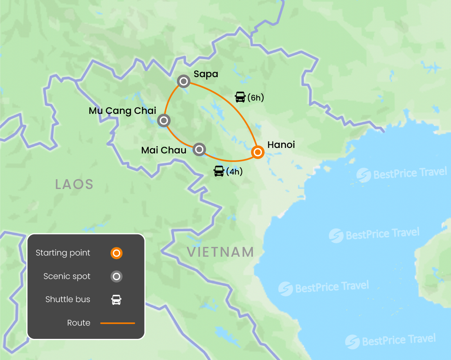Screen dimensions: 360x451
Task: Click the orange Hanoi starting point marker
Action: point(257,152)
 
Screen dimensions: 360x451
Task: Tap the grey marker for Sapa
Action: point(184,81)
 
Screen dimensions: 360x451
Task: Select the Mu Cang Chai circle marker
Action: point(164,121)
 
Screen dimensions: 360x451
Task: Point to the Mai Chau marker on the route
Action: point(199,149)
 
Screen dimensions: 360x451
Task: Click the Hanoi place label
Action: point(281,145)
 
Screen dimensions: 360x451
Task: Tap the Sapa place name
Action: point(206,74)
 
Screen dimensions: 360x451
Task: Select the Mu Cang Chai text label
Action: point(123,111)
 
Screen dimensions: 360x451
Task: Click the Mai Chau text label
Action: point(164,150)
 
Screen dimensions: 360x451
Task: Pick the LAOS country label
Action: point(74,184)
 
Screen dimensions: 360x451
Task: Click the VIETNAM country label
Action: point(220,252)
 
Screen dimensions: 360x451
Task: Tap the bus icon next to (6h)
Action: point(240,97)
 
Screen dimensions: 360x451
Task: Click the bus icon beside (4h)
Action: point(219,171)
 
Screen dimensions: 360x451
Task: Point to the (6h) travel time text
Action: point(256,97)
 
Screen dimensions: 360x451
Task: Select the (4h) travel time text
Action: point(235,171)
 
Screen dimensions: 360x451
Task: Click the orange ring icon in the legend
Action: point(116,253)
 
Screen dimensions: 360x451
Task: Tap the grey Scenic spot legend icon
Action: point(116,277)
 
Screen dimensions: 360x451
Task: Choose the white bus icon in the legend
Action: point(116,300)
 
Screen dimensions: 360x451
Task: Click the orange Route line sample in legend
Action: point(117,323)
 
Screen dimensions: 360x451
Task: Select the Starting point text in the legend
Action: point(63,253)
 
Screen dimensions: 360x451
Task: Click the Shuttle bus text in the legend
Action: point(68,299)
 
